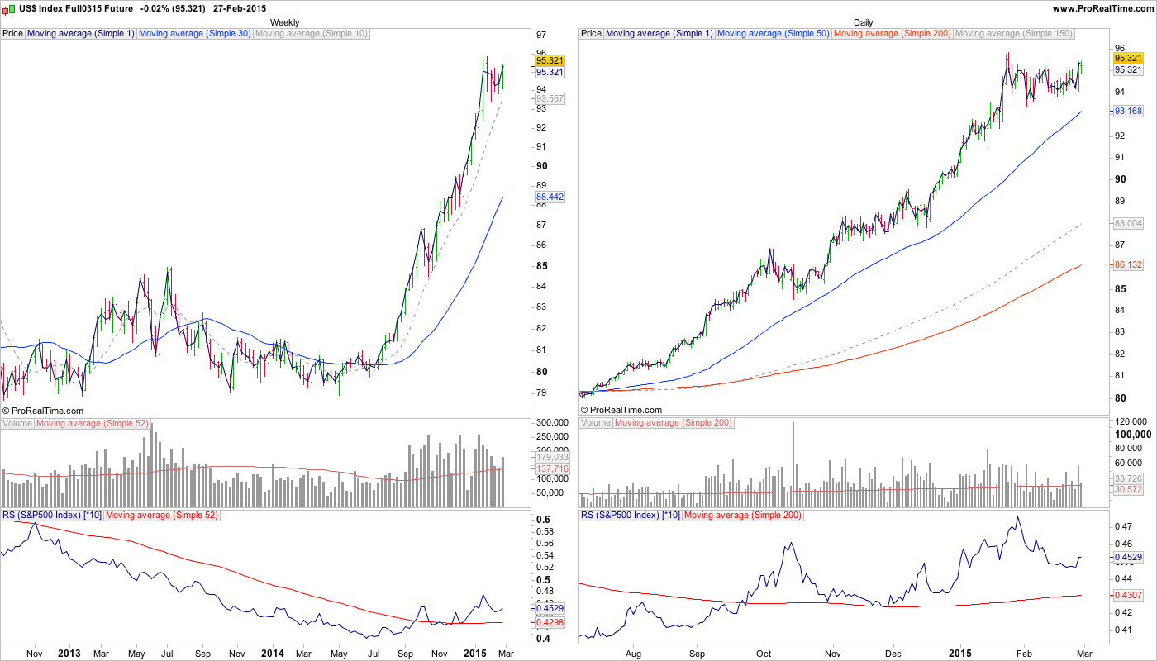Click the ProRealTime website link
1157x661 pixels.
point(1102,7)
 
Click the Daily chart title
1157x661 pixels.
point(863,22)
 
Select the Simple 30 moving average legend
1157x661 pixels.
point(194,34)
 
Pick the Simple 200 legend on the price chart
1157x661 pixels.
point(893,34)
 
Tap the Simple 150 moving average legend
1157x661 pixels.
point(1013,34)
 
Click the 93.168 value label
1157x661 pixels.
point(1128,111)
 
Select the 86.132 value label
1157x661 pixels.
point(1128,264)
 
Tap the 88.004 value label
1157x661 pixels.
point(1128,223)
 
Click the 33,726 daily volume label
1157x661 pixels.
point(1128,478)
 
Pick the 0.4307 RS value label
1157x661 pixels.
point(1128,595)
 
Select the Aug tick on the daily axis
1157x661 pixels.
point(634,653)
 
